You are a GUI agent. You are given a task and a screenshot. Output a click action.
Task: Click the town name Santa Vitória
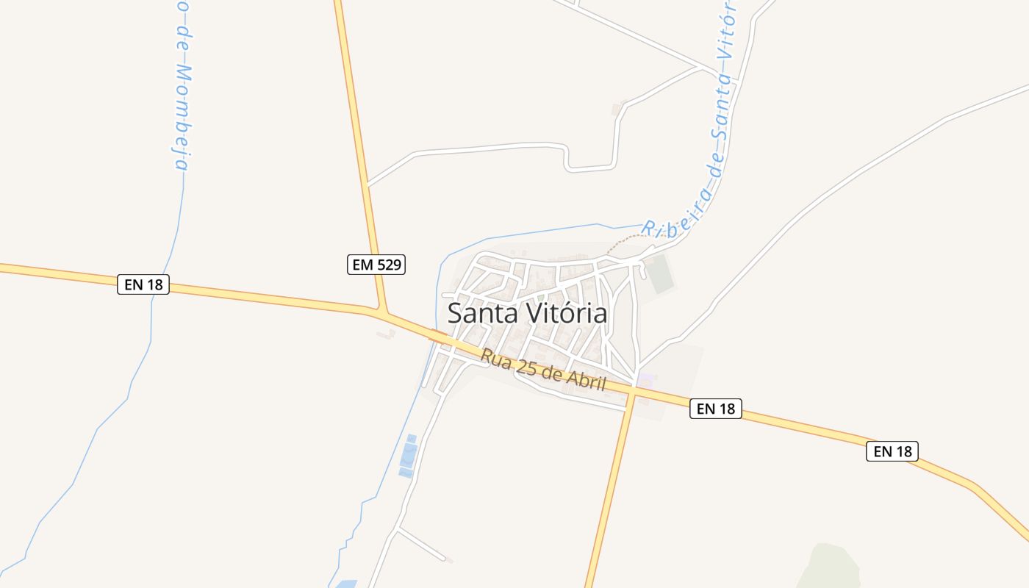click(x=527, y=314)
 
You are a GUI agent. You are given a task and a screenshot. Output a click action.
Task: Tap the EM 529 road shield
click(x=376, y=265)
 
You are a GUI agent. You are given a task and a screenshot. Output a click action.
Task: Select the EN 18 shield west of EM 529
click(x=143, y=284)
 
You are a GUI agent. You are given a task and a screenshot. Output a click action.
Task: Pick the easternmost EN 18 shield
click(x=892, y=451)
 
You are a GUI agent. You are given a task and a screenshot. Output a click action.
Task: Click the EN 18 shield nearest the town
click(x=716, y=409)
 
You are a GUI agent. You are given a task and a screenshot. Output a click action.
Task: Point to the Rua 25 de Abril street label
click(x=543, y=370)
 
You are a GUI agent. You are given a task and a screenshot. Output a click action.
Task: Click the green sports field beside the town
click(x=659, y=273)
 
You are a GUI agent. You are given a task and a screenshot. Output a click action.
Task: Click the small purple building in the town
click(x=645, y=379)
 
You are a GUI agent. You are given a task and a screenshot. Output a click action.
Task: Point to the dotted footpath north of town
click(x=628, y=240)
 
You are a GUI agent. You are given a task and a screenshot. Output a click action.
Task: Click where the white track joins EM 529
click(x=367, y=184)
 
